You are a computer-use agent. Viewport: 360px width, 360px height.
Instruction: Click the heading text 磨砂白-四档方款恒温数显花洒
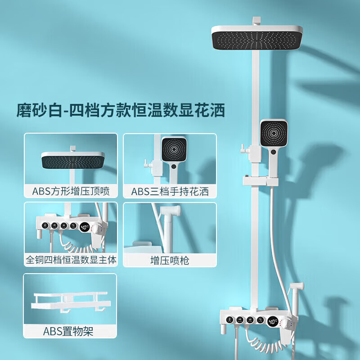pos(121,110)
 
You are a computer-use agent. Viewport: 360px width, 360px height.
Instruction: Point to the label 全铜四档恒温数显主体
pos(71,260)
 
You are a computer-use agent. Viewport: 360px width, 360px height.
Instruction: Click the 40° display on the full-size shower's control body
pos(273,321)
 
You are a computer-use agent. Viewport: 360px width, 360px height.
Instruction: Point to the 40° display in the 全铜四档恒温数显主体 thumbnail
pos(85,227)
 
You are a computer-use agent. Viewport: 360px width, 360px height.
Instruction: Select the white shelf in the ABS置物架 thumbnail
pos(71,303)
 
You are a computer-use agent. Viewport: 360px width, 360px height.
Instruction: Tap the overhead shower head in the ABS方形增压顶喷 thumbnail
pos(73,160)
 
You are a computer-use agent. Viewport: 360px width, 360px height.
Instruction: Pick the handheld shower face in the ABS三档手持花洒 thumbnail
pos(173,148)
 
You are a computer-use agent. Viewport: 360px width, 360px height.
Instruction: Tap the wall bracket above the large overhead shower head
pos(256,21)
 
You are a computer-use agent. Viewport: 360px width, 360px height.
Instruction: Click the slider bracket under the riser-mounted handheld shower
pos(261,181)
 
